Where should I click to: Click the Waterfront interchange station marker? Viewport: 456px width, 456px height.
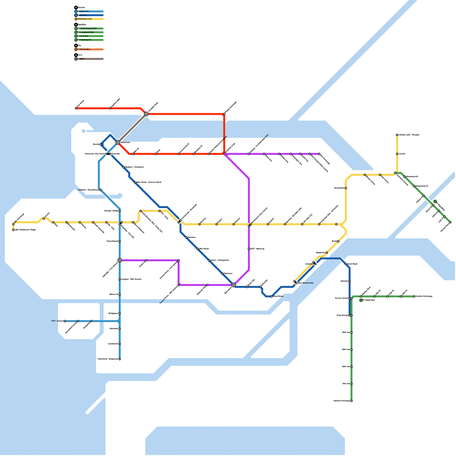(118, 142)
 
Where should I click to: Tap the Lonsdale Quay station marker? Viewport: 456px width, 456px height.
(146, 114)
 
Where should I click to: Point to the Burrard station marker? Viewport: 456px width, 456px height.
(101, 144)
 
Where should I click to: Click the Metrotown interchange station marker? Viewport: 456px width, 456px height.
(234, 285)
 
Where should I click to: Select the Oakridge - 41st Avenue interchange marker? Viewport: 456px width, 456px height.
(120, 260)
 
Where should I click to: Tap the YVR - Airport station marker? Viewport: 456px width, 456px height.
(65, 321)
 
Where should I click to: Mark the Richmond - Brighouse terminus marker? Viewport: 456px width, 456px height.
(120, 359)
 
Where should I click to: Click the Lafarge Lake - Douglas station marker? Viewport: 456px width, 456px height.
(397, 135)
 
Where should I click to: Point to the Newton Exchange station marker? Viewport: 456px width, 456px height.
(351, 401)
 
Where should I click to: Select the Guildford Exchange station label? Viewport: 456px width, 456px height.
(424, 296)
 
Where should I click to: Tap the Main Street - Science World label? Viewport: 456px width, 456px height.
(149, 182)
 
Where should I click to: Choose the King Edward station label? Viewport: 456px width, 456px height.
(112, 241)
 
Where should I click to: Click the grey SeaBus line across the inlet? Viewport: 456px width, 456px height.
(132, 128)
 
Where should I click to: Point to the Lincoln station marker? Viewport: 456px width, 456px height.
(397, 154)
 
